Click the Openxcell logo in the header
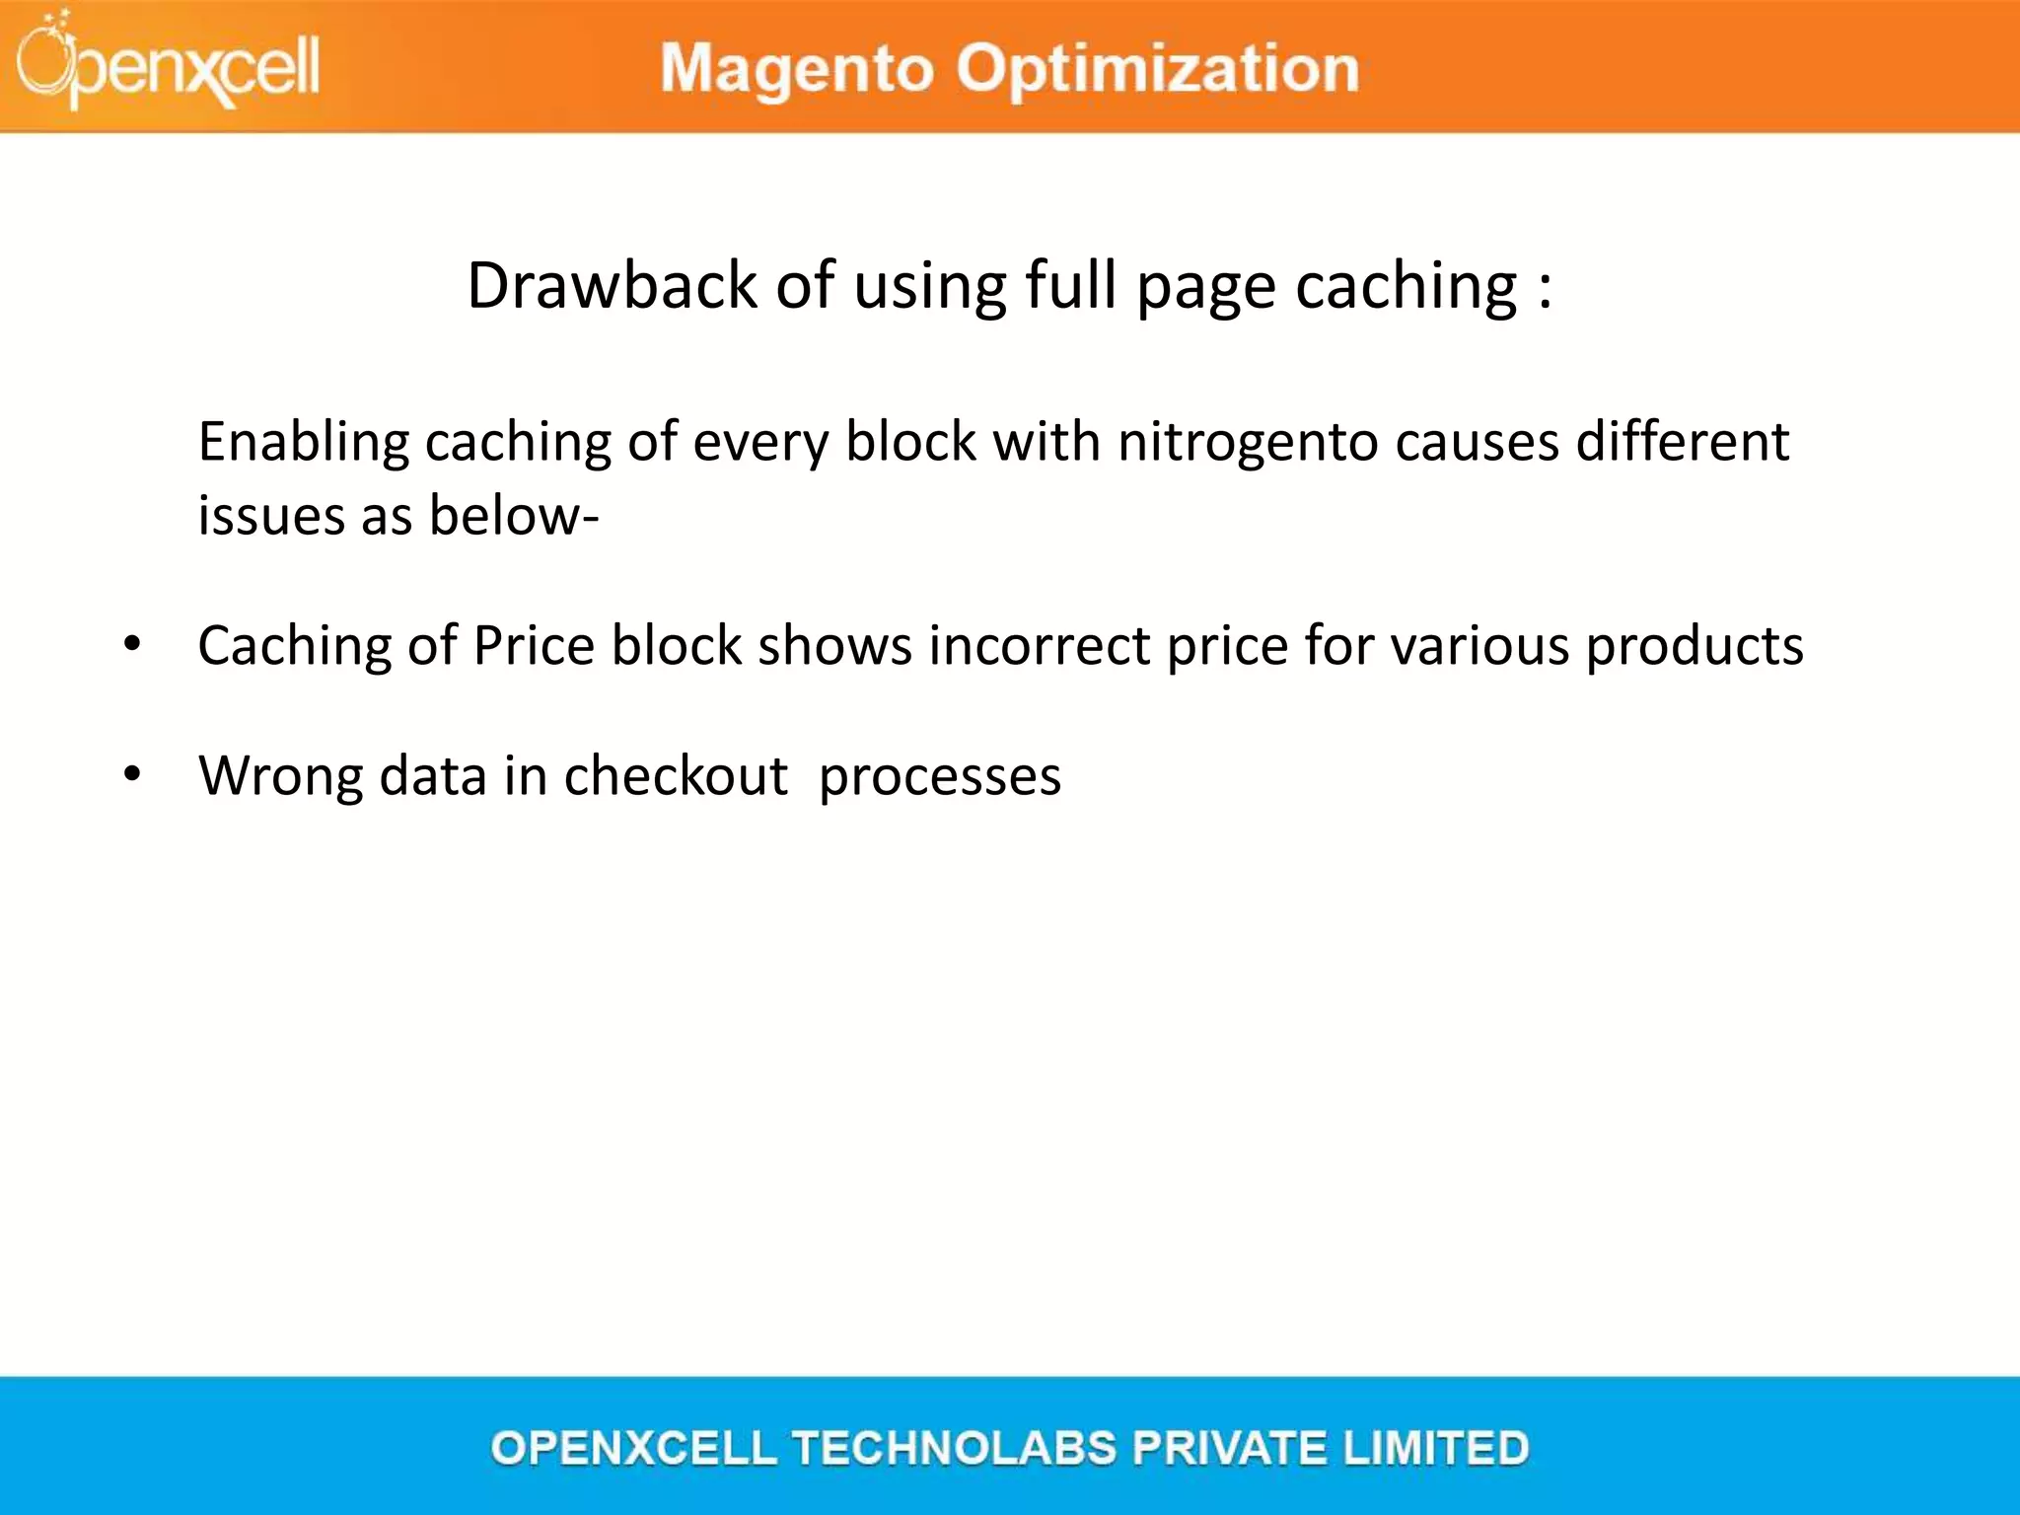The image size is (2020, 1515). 168,63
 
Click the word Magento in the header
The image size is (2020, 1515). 797,69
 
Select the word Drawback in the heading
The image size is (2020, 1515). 612,286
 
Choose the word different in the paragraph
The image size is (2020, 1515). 1682,441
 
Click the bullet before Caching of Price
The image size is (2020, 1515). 132,645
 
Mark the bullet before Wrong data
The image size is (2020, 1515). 132,775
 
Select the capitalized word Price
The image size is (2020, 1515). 534,646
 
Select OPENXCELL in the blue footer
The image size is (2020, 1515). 633,1448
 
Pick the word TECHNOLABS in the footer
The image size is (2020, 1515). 954,1448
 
